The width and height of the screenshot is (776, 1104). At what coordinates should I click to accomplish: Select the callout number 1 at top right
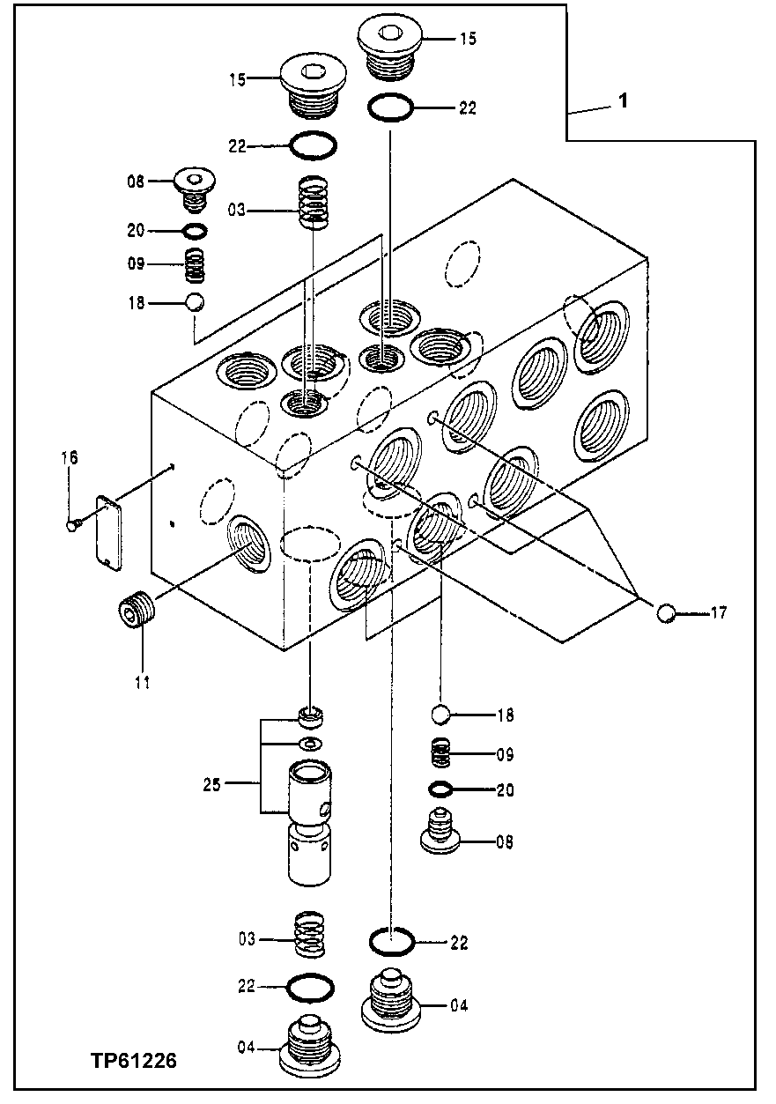(622, 101)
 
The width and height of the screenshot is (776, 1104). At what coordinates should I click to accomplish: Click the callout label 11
(142, 680)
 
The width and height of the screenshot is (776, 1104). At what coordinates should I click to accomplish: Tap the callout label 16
(70, 457)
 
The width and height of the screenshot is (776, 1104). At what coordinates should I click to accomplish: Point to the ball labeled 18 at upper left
(195, 302)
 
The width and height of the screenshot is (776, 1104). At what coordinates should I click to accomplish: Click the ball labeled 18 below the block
(442, 715)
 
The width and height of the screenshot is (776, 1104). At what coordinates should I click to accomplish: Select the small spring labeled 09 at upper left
(195, 264)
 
